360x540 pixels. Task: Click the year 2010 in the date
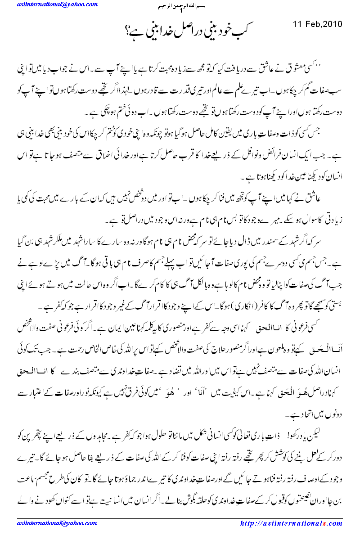(332, 23)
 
